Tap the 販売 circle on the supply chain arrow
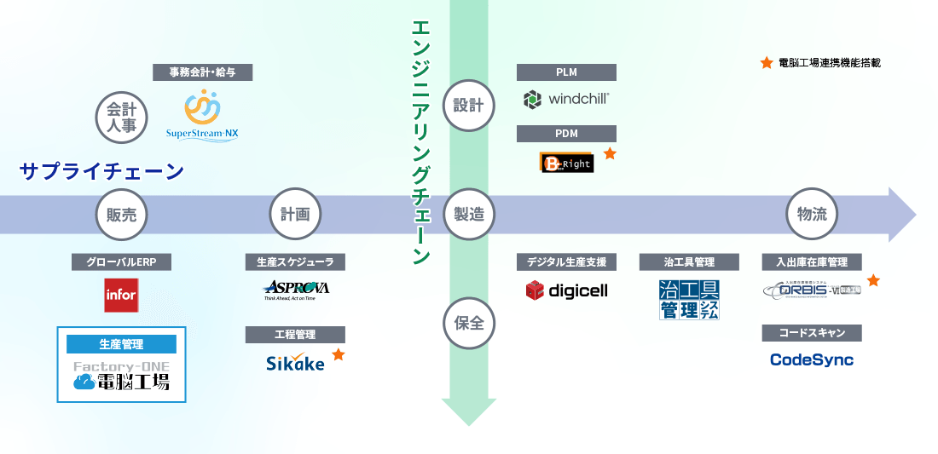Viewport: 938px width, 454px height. coord(122,214)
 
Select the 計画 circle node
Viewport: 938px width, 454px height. coord(295,214)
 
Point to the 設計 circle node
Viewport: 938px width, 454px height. coord(468,106)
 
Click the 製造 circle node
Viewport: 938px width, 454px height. coord(468,214)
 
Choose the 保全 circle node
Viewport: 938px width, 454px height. coord(468,323)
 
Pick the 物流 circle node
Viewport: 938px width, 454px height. coord(811,214)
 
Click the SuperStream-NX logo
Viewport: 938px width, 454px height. coord(203,117)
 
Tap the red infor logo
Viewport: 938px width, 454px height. coord(121,295)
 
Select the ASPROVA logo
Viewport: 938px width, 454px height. coord(296,290)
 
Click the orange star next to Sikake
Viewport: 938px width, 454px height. coord(339,354)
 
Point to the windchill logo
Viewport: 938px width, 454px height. coord(566,99)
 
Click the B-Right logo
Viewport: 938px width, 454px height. coord(566,162)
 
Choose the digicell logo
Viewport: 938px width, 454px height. coord(566,290)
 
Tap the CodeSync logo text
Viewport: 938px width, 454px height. coord(811,359)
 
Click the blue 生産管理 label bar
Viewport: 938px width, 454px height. coord(121,344)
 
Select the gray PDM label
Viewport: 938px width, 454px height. coord(566,134)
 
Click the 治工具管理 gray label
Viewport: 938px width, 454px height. coord(689,262)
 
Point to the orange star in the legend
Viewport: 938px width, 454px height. coord(766,62)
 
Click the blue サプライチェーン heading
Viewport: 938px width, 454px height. coord(101,172)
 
